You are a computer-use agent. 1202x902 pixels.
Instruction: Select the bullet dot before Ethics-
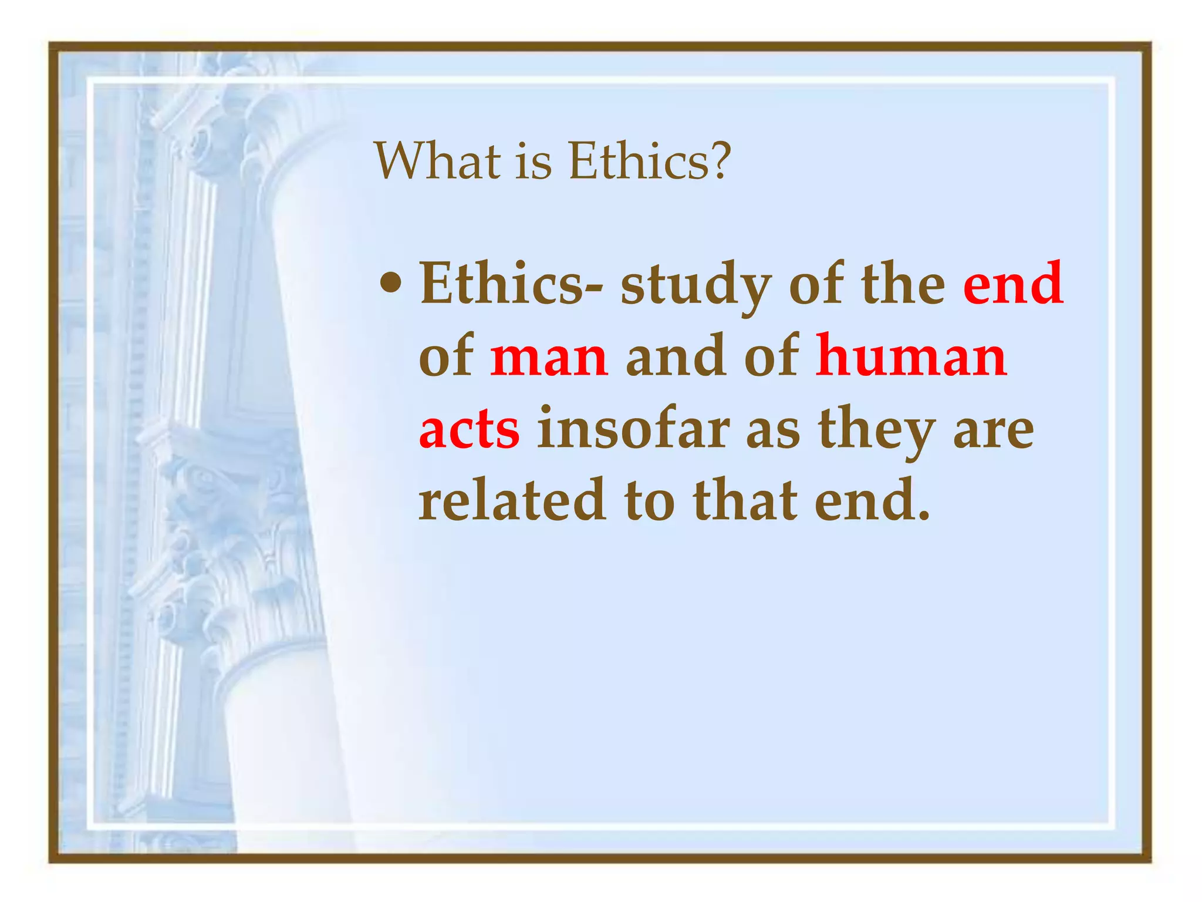(390, 285)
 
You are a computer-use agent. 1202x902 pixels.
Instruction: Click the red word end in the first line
(1013, 284)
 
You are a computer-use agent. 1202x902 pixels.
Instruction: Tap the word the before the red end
(903, 284)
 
